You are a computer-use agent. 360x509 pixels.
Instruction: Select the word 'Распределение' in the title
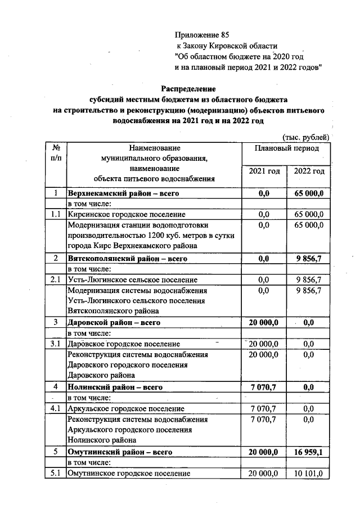click(188, 89)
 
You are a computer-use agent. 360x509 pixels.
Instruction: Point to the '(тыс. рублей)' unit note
click(305, 137)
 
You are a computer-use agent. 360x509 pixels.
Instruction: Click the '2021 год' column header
click(264, 172)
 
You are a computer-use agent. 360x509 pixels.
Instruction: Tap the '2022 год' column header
click(309, 172)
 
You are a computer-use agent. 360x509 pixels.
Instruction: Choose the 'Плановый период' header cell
click(286, 148)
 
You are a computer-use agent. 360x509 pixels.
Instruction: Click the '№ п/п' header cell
click(56, 154)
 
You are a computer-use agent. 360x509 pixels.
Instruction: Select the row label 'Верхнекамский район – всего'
click(123, 194)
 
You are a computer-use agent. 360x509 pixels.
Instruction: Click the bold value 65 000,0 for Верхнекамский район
click(309, 194)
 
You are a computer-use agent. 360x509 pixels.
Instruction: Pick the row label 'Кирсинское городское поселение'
click(126, 215)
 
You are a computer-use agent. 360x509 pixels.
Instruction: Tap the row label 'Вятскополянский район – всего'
click(128, 259)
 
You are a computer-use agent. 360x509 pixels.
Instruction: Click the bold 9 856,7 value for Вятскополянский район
click(309, 259)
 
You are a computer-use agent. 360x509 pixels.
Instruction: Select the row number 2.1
click(55, 280)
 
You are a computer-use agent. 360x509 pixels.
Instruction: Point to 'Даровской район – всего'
click(114, 323)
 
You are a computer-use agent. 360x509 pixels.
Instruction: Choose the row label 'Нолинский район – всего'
click(115, 388)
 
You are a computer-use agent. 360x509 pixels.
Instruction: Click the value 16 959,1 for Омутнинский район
click(309, 452)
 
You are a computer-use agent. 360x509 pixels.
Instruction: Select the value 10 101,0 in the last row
click(309, 473)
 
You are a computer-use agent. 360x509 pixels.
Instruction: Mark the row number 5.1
click(55, 473)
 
